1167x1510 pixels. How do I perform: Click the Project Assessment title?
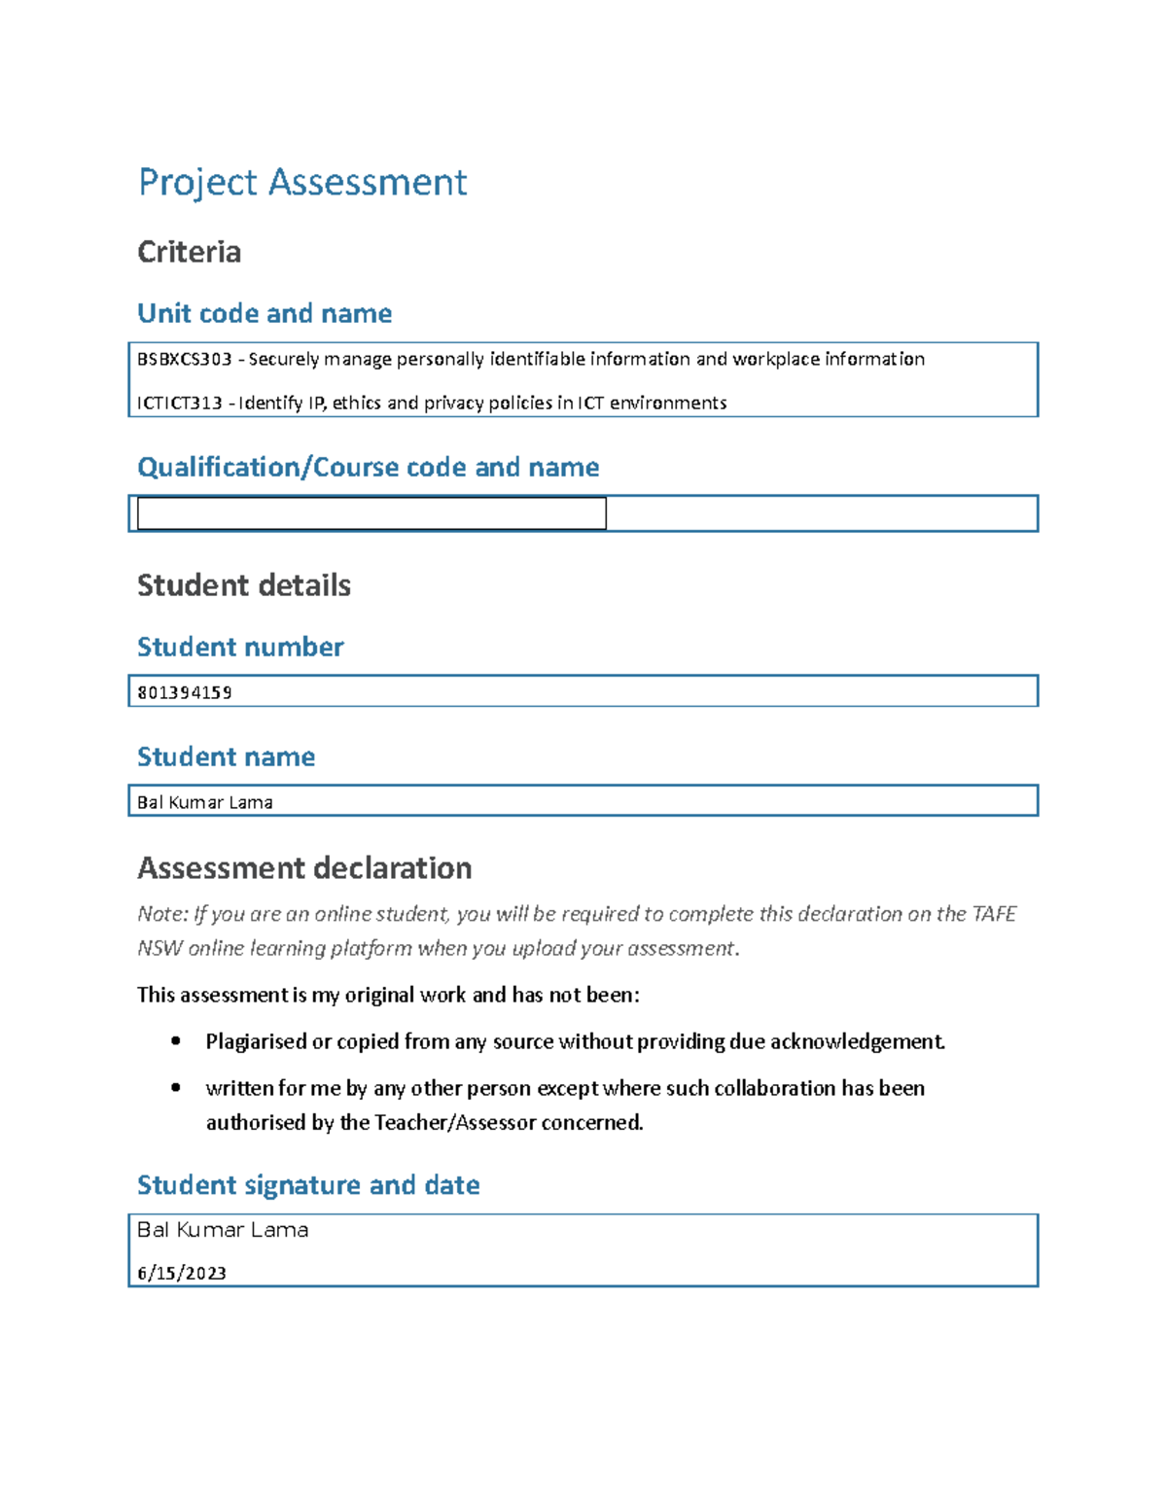[x=302, y=183]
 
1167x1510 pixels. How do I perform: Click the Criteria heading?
[x=189, y=252]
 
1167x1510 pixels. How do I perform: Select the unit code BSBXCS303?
[x=185, y=360]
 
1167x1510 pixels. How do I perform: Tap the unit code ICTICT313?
[x=180, y=404]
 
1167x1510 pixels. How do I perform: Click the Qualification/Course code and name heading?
[x=368, y=468]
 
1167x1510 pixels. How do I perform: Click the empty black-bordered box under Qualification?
[x=371, y=513]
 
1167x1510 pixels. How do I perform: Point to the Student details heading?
[x=243, y=585]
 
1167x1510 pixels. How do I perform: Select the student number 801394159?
[x=185, y=693]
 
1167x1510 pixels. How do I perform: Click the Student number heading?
[x=240, y=648]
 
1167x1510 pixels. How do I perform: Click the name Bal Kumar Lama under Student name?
[x=205, y=803]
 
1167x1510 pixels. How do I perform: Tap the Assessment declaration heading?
[x=304, y=868]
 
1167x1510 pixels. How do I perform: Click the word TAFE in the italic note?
[x=994, y=914]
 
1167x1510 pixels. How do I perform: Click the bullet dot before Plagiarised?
[x=176, y=1041]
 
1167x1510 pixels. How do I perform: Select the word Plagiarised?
[x=256, y=1042]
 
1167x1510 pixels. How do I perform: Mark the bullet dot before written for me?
[x=176, y=1088]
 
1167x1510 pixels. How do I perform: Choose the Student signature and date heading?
[x=308, y=1185]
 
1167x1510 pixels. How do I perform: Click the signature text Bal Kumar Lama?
[x=223, y=1230]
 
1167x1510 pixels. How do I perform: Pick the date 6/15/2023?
[x=182, y=1274]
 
